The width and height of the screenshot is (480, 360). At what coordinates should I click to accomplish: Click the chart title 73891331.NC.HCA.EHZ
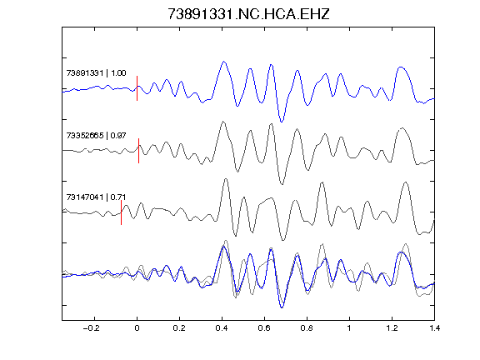248,14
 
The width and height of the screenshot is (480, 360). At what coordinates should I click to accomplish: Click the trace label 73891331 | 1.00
96,73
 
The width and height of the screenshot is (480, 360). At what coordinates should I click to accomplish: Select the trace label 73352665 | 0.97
96,135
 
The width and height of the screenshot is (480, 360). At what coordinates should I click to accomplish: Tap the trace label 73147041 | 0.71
96,197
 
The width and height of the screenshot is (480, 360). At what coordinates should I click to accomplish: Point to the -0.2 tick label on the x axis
91,328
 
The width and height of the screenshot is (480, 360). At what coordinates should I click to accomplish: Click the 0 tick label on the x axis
137,328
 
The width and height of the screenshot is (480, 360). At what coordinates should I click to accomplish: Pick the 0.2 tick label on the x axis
179,328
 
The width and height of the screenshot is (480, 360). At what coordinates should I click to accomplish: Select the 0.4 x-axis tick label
222,328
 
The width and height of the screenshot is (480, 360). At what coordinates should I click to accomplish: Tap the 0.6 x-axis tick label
264,328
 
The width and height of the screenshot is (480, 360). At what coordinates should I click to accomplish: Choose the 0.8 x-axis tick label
307,328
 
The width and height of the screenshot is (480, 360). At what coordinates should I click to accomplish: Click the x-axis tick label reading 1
349,328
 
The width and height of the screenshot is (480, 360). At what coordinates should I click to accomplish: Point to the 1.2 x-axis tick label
392,328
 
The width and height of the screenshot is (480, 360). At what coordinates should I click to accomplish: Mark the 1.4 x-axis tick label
434,328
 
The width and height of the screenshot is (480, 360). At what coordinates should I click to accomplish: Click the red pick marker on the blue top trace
137,88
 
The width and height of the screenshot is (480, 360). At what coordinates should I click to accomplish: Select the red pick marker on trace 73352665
138,151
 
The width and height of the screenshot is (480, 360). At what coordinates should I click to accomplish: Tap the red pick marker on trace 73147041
121,212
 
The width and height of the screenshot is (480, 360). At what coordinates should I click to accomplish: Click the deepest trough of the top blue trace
282,122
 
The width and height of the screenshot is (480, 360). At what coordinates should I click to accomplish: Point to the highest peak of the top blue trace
224,62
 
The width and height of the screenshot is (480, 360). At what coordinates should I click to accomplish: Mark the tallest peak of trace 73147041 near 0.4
226,179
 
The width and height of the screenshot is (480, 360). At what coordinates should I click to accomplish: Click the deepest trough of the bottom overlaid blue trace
282,307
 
